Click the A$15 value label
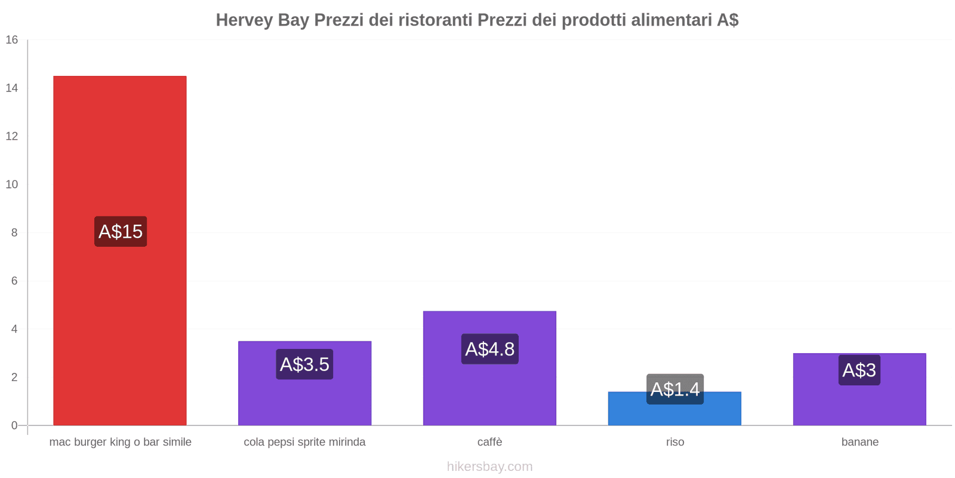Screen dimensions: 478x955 (121, 231)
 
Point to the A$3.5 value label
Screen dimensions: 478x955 (304, 364)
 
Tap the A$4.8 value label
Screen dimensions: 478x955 (489, 349)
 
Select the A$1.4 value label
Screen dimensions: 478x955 (674, 389)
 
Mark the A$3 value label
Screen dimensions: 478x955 (859, 370)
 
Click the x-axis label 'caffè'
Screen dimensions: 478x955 (489, 442)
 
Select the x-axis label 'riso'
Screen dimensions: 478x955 (675, 442)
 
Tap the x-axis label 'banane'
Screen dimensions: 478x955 (860, 442)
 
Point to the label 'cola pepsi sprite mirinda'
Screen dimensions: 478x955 (304, 442)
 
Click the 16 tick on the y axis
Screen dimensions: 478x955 (12, 40)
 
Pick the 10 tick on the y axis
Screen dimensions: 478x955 (12, 185)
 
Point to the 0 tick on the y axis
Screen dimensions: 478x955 (14, 425)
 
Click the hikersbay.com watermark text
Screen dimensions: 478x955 (489, 467)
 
